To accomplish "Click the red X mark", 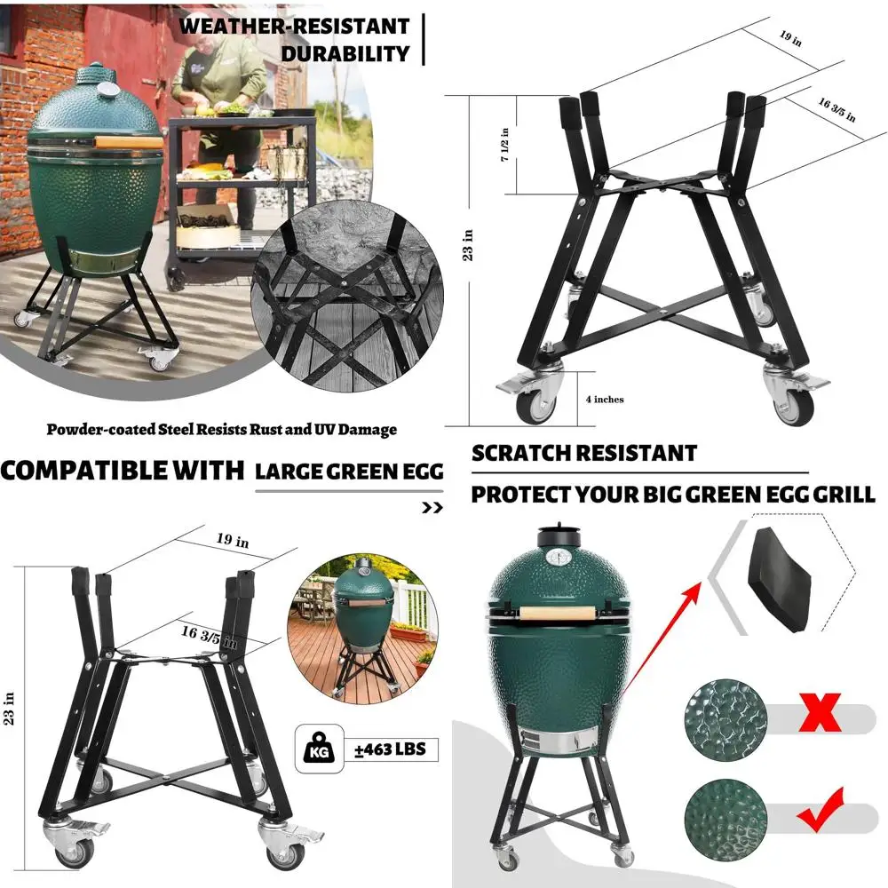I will click(x=821, y=712).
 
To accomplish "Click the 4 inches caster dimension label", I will click(x=601, y=400).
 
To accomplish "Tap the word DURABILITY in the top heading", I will click(x=345, y=53).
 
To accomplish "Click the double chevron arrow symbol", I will click(x=432, y=509).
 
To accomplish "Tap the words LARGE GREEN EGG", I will click(x=349, y=472).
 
